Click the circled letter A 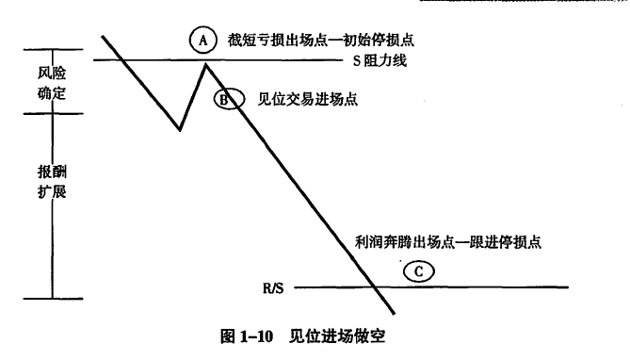pyautogui.click(x=202, y=40)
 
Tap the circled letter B pyautogui.click(x=229, y=99)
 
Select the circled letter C pyautogui.click(x=419, y=271)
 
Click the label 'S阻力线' pyautogui.click(x=380, y=60)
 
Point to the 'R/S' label pyautogui.click(x=273, y=288)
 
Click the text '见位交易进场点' pyautogui.click(x=307, y=99)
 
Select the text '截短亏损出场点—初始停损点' pyautogui.click(x=320, y=40)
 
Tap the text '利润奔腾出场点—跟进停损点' pyautogui.click(x=448, y=242)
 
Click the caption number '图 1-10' pyautogui.click(x=247, y=336)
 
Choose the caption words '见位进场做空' pyautogui.click(x=337, y=336)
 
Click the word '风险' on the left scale pyautogui.click(x=52, y=73)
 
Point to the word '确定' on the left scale pyautogui.click(x=52, y=93)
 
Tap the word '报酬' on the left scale pyautogui.click(x=52, y=172)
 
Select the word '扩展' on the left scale pyautogui.click(x=52, y=192)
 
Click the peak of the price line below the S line pyautogui.click(x=205, y=64)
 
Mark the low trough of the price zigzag pyautogui.click(x=180, y=129)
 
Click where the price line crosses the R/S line pyautogui.click(x=375, y=287)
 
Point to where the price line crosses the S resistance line pyautogui.click(x=121, y=60)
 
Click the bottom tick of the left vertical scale pyautogui.click(x=53, y=299)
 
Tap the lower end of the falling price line pyautogui.click(x=394, y=313)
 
